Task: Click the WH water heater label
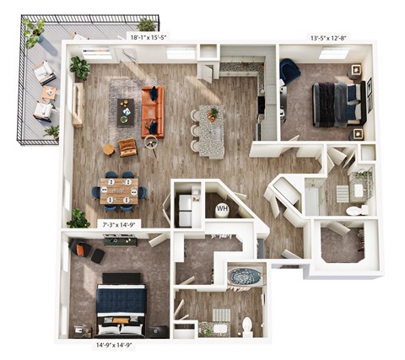[223, 208]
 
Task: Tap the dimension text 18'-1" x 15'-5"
[148, 37]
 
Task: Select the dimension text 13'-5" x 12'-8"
[322, 37]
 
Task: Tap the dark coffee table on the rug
[126, 110]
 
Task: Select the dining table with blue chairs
[119, 190]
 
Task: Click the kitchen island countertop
[210, 130]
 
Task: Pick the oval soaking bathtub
[245, 277]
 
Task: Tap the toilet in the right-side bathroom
[358, 209]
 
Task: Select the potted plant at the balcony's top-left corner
[34, 30]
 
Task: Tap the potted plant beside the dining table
[78, 218]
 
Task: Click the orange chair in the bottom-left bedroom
[81, 249]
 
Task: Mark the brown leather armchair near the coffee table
[128, 147]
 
